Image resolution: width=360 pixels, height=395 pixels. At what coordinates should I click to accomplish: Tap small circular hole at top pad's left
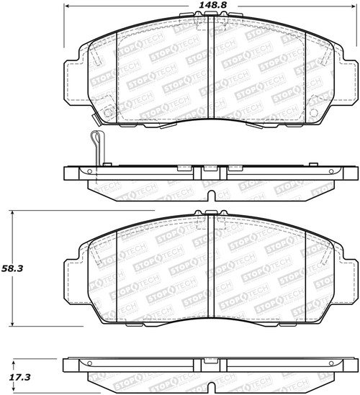click(108, 113)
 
